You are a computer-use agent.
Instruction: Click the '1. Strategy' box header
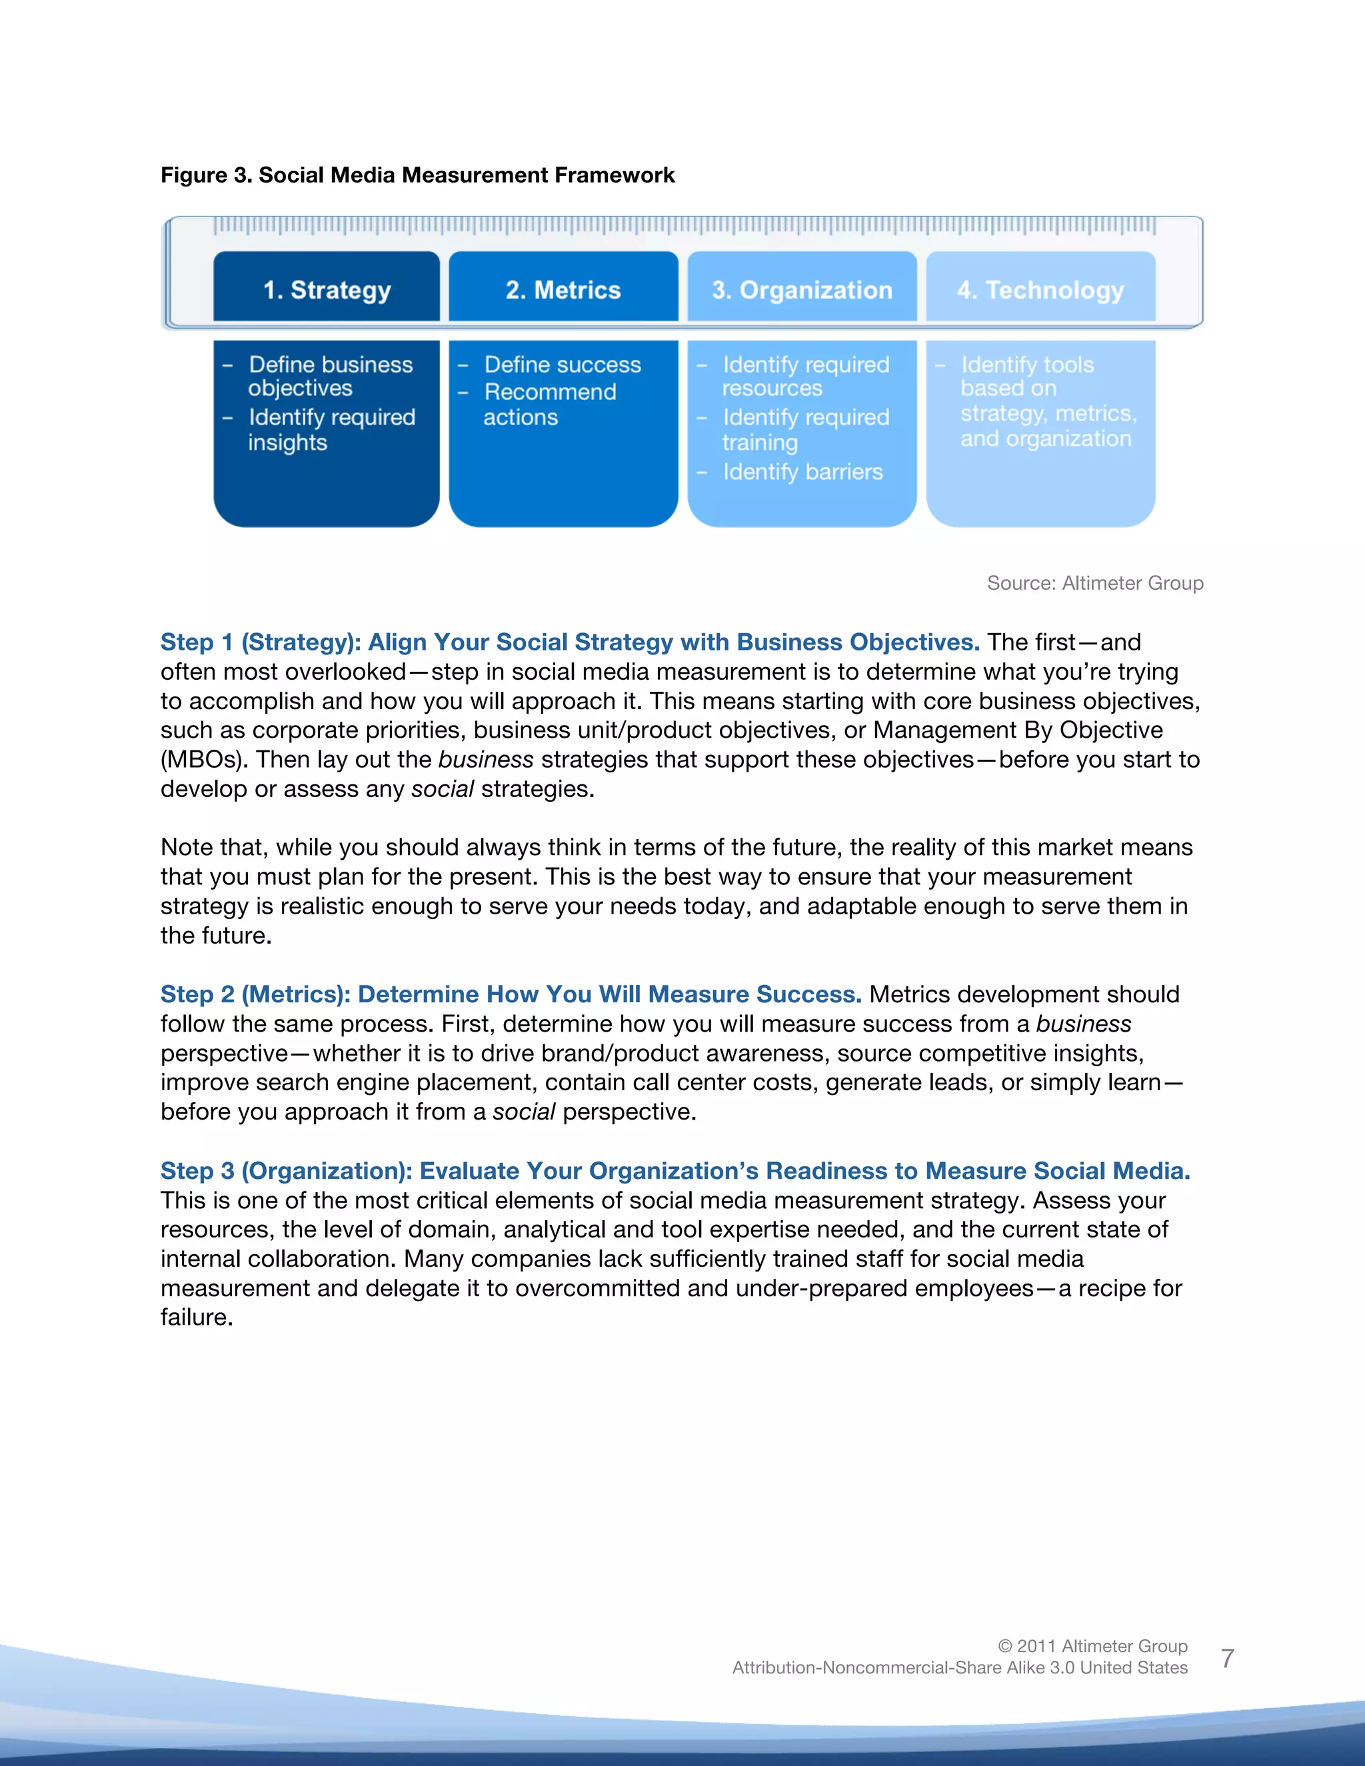[327, 289]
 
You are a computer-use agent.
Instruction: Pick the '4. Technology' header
[1040, 289]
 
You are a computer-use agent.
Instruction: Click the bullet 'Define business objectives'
[330, 376]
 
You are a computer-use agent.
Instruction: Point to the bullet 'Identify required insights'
[331, 429]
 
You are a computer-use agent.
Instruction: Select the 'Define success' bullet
[562, 365]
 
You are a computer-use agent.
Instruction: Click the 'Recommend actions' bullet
[549, 405]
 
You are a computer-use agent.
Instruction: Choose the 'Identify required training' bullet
[804, 429]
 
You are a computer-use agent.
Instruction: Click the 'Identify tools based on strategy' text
[1047, 401]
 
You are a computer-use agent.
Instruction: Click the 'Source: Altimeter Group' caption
[1094, 583]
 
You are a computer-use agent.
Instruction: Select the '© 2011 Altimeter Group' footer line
[1092, 1645]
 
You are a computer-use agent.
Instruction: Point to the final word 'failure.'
[197, 1318]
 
